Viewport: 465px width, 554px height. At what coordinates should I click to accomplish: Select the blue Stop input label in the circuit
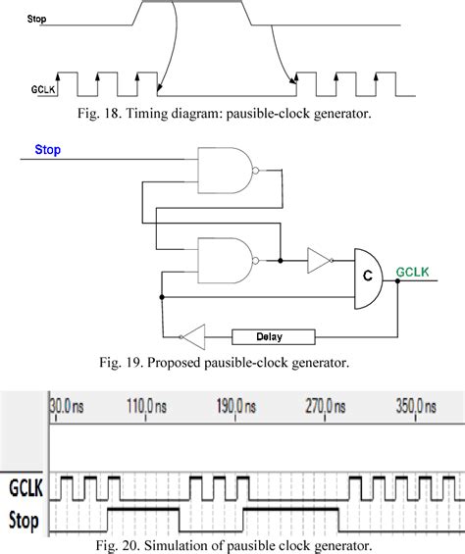[x=48, y=150]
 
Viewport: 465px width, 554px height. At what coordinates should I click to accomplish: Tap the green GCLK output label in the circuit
[x=413, y=272]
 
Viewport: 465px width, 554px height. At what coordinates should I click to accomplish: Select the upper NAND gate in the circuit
[x=226, y=169]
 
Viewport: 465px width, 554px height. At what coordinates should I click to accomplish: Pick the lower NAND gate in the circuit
[x=226, y=260]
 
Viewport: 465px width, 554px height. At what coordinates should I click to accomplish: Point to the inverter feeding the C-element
[x=318, y=261]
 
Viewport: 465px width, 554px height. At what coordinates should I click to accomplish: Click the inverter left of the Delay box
[x=195, y=336]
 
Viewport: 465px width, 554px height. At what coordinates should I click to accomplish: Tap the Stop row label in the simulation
[x=24, y=519]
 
